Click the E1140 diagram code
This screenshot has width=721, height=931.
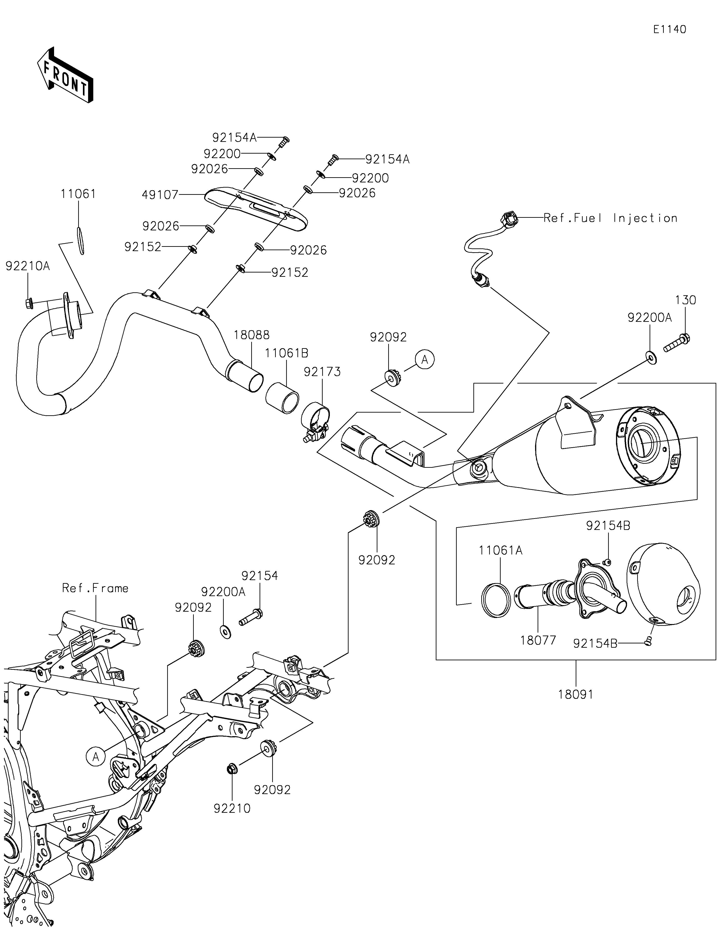coord(670,30)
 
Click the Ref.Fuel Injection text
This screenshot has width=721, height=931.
coord(610,218)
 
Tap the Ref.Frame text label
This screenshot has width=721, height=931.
coord(95,588)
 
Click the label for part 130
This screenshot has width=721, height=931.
coord(685,300)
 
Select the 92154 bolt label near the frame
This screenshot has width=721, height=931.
coord(259,576)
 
